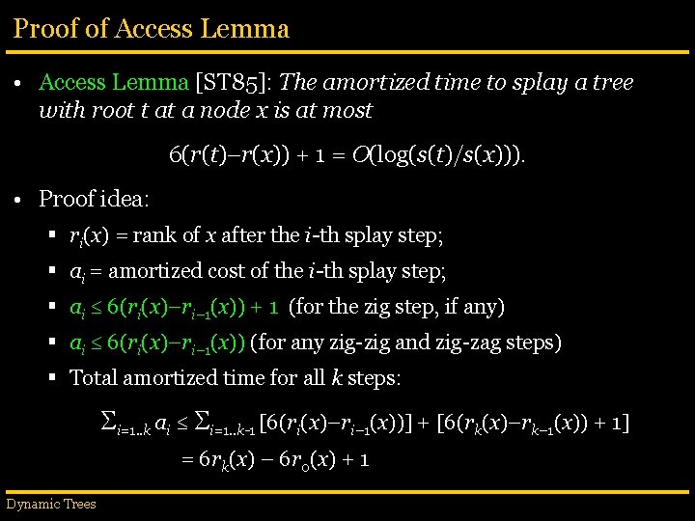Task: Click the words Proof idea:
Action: point(94,199)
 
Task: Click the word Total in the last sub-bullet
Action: point(93,377)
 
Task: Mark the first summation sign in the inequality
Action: point(109,420)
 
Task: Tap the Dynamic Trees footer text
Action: point(51,504)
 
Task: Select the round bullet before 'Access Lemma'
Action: point(19,84)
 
